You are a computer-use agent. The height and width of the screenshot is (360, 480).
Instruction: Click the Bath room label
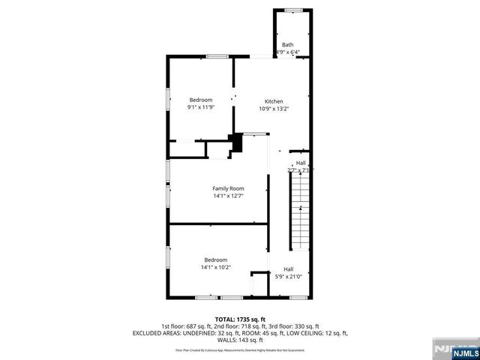point(289,45)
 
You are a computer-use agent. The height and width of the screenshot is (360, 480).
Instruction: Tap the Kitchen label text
point(273,101)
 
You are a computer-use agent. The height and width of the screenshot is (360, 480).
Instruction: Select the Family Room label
point(227,188)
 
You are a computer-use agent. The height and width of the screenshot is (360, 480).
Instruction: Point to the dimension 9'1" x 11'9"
point(200,107)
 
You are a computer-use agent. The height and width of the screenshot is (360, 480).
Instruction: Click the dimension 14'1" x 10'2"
point(215,267)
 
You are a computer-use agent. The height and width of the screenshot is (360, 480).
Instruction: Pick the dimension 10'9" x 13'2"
point(273,109)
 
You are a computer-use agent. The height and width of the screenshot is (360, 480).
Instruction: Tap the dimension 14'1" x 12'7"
point(227,196)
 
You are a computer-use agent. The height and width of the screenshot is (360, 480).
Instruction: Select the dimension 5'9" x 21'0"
point(289,277)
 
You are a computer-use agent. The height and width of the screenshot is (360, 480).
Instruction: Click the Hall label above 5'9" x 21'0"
point(289,269)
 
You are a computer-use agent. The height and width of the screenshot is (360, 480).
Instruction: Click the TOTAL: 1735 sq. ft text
point(240,319)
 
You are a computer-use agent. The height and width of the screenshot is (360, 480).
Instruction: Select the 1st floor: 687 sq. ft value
point(185,325)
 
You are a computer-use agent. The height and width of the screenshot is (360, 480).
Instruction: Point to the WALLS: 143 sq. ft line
point(240,339)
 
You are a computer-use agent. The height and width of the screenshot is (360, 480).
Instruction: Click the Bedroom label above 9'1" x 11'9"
point(200,100)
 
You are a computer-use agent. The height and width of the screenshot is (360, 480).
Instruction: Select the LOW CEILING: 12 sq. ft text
point(315,332)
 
